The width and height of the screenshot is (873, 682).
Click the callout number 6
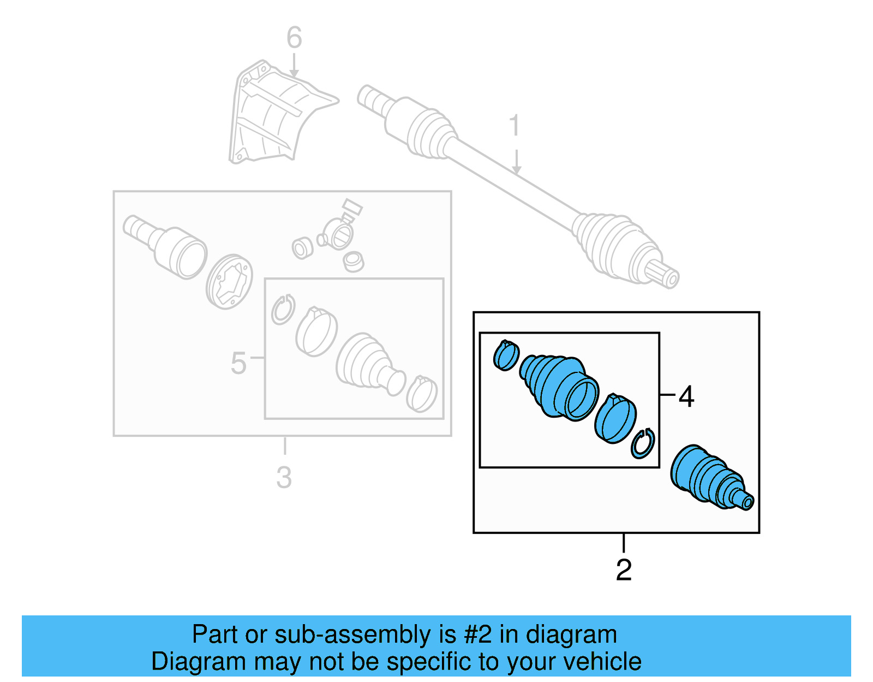[x=294, y=38]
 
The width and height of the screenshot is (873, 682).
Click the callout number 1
[x=515, y=126]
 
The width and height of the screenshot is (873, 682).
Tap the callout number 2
[x=624, y=570]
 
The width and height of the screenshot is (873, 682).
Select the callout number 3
[x=284, y=478]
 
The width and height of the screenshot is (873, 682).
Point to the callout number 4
[x=686, y=396]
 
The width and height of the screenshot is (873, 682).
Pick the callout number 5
[x=238, y=364]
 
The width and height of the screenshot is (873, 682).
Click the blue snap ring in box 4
[x=643, y=443]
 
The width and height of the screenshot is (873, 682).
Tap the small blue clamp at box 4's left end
[x=506, y=355]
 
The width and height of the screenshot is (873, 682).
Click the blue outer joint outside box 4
[x=709, y=477]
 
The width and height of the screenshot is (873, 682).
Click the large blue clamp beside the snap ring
[x=615, y=418]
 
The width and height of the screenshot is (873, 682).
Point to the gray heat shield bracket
[x=273, y=115]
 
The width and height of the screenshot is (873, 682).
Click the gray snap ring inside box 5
[x=283, y=310]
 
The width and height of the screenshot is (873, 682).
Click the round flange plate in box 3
[x=230, y=281]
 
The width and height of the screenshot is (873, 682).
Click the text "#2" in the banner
[x=478, y=634]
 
